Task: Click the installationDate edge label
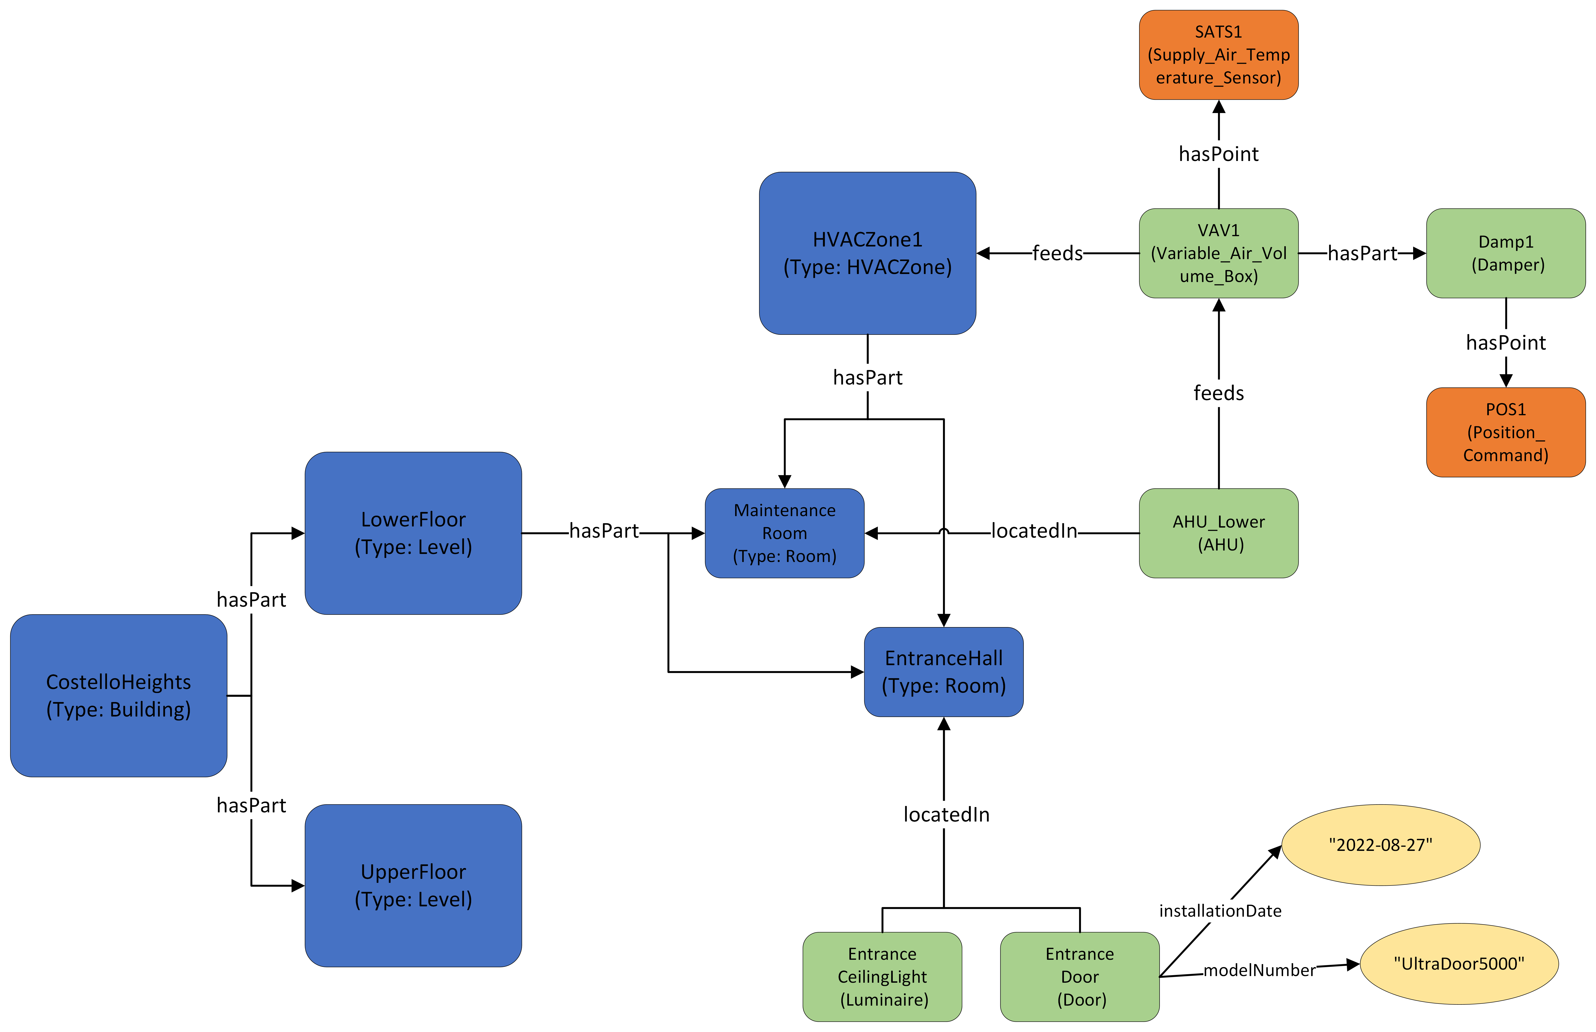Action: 1220,911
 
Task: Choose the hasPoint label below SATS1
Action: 1219,154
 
